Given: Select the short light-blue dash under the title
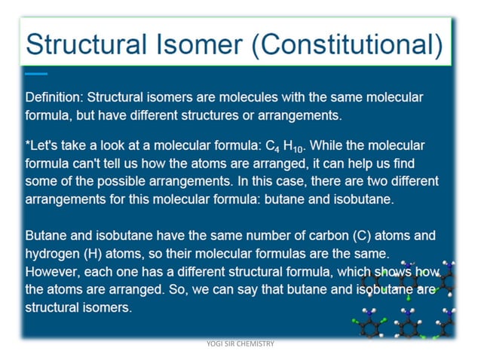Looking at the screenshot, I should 35,74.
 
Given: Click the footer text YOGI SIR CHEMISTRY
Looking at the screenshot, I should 240,344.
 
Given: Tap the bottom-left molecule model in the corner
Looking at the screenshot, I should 369,323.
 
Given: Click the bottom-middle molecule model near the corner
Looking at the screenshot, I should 408,324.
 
